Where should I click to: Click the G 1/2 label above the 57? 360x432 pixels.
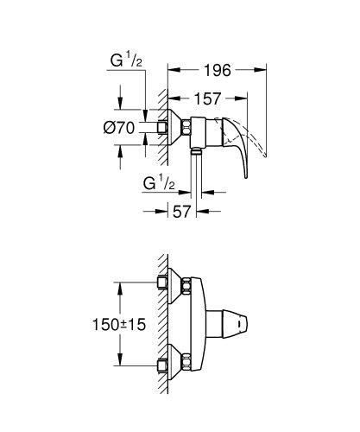pyautogui.click(x=160, y=184)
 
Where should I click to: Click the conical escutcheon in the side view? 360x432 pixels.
pyautogui.click(x=180, y=126)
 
